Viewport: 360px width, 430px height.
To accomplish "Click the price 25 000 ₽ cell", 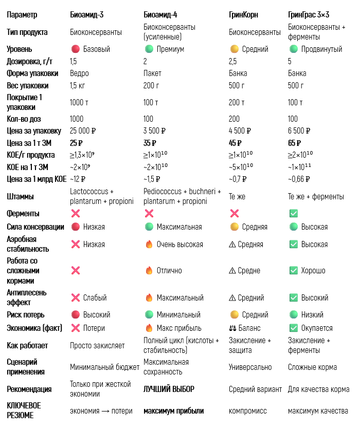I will (83, 130).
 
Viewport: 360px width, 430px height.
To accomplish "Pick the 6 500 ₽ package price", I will (299, 130).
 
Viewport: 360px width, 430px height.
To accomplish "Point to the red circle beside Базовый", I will (75, 49).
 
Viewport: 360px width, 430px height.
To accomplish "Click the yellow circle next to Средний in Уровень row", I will (234, 49).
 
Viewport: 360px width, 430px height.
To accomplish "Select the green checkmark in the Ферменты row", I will (293, 213).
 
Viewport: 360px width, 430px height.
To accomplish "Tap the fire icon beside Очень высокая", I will (149, 245).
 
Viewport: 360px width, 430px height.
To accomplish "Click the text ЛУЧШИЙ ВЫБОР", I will (169, 389).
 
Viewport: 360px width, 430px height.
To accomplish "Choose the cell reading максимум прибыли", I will (173, 410).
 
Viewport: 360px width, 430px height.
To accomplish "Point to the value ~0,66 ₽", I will (299, 179).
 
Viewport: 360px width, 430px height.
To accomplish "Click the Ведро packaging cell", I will (79, 73).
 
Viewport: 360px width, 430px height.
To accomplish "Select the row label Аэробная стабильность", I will (28, 244).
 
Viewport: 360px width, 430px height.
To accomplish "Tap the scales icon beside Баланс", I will (233, 328).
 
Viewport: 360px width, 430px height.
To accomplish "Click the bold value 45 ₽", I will (235, 143).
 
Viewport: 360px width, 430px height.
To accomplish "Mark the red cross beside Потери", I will (75, 328).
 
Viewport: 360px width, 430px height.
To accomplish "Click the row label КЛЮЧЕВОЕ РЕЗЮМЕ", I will (24, 410).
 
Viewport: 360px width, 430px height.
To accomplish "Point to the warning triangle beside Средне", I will (232, 270).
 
